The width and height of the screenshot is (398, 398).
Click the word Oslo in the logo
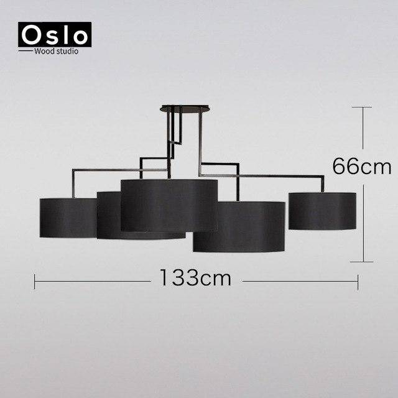55,35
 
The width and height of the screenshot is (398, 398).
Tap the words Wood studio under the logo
56,51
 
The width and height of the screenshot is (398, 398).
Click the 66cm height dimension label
362,166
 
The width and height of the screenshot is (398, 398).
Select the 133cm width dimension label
195,278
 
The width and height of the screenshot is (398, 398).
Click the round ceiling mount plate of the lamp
185,108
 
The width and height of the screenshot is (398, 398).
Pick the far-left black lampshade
68,218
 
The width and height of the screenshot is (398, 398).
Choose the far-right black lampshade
322,211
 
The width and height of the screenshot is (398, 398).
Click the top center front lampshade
169,205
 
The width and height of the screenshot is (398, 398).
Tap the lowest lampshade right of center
239,226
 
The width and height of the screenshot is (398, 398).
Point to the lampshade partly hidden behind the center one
109,215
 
